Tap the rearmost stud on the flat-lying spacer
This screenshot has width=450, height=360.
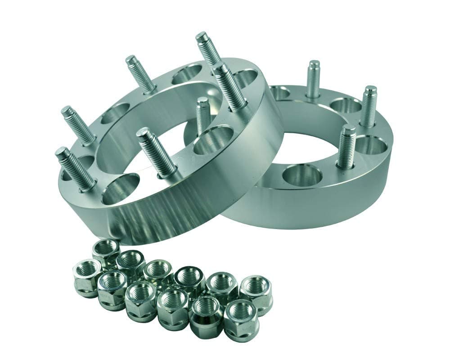click(313, 79)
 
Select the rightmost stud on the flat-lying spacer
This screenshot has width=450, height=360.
click(369, 106)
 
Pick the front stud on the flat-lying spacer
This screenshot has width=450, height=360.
click(346, 146)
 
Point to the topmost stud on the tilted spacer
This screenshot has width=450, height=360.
click(208, 49)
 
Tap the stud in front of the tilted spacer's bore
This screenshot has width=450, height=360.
click(157, 151)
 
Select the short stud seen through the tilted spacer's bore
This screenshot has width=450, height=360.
click(203, 115)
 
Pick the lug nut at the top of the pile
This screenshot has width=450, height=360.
click(106, 250)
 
